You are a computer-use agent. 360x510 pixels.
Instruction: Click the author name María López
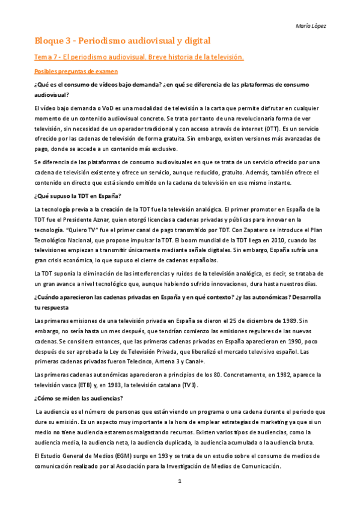313,26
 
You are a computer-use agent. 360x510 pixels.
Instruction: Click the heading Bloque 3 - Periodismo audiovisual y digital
122,41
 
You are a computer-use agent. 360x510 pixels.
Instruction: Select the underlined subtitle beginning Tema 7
139,57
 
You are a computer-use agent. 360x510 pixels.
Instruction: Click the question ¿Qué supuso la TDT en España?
78,196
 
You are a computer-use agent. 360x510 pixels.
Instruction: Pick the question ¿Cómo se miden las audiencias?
79,398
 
